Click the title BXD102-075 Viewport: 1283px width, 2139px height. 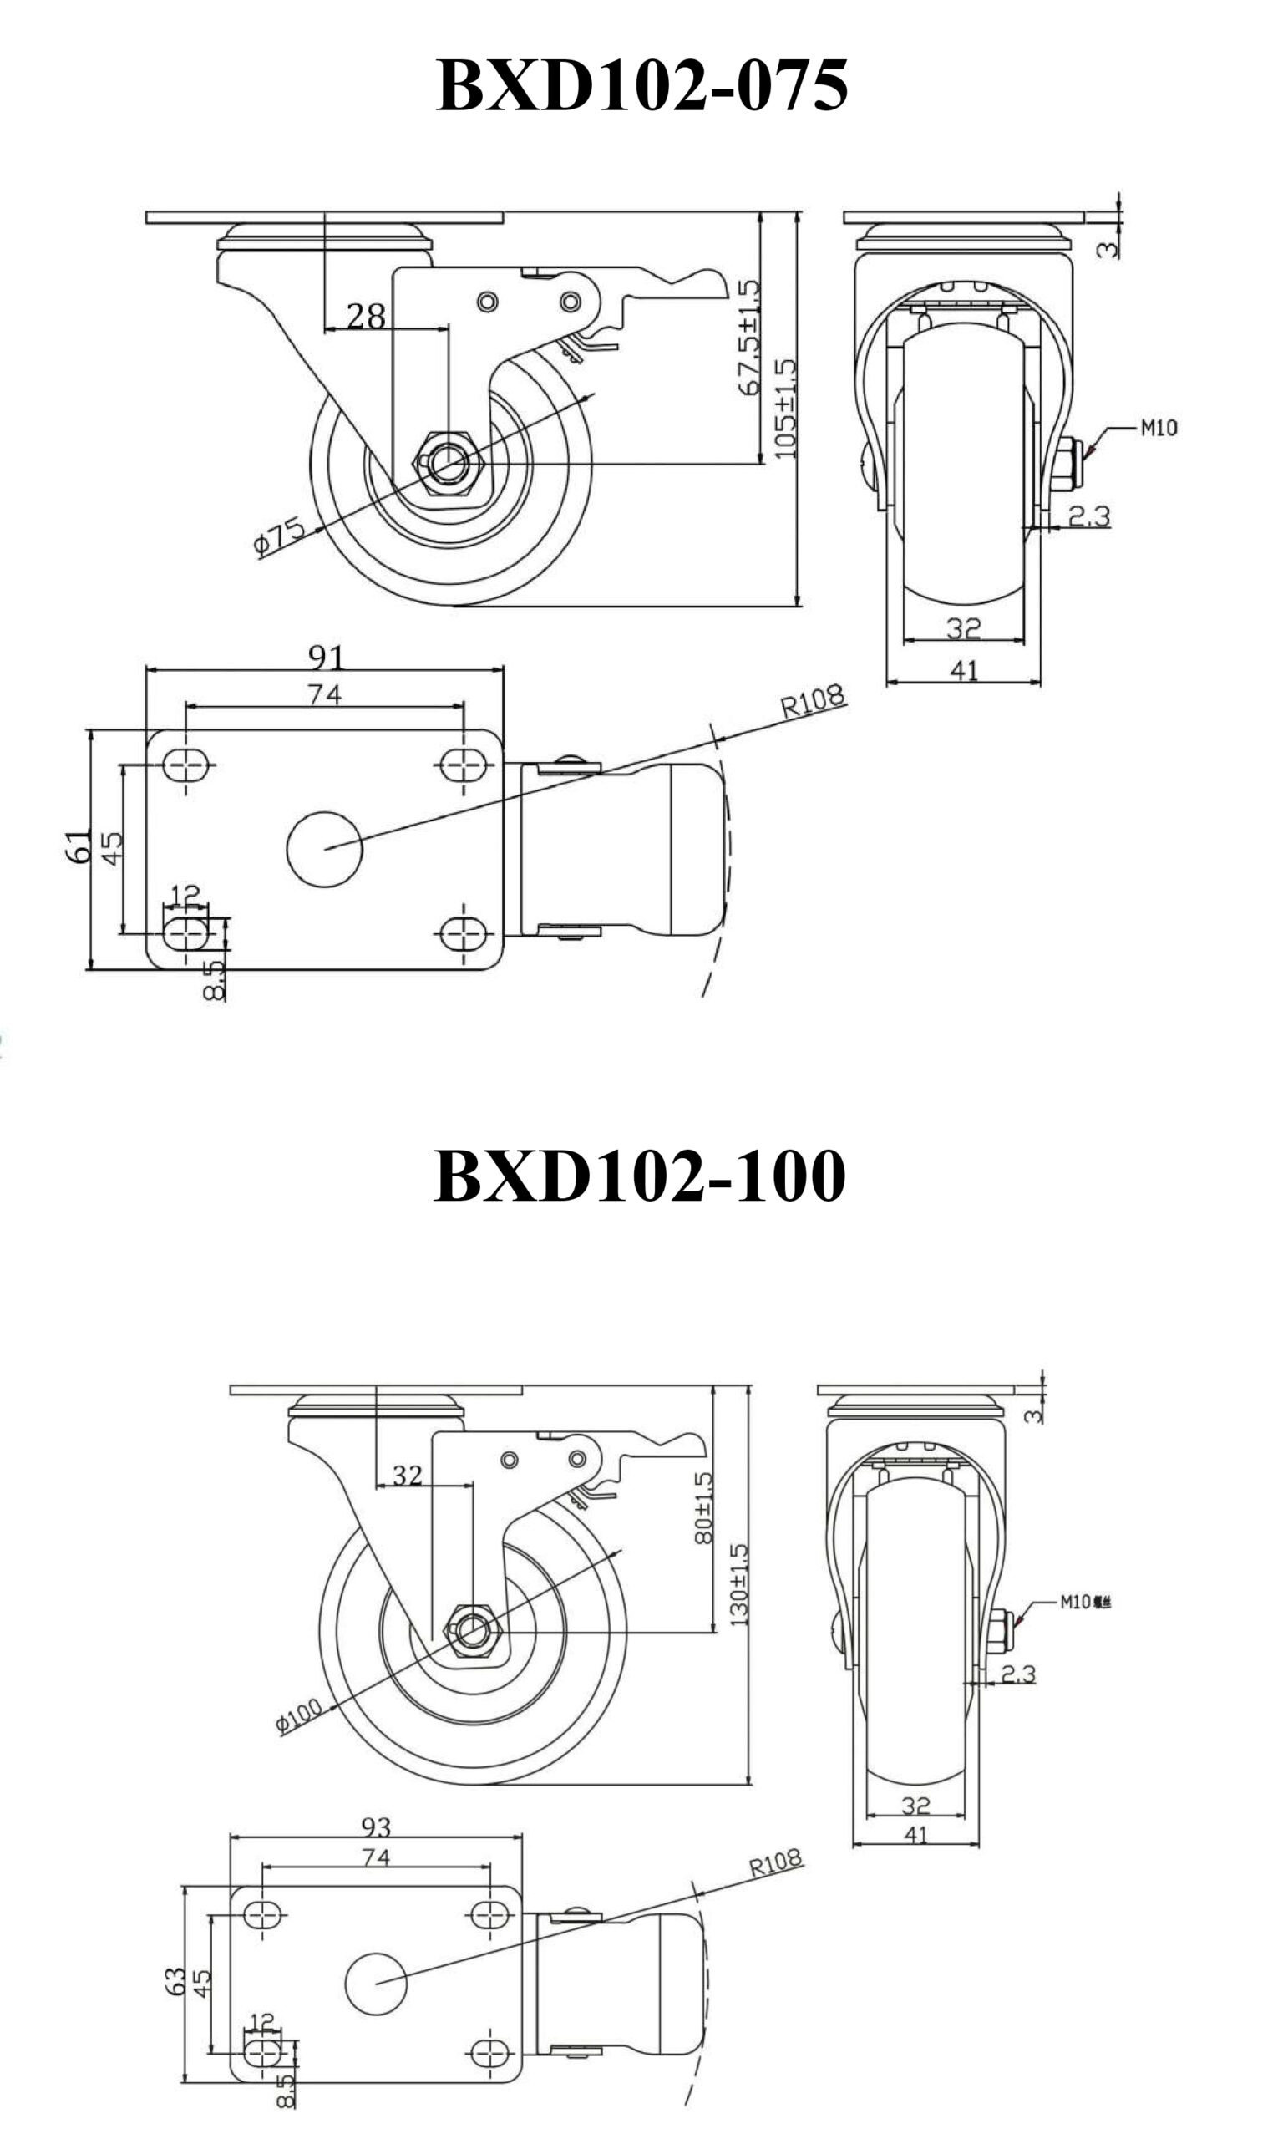pyautogui.click(x=641, y=86)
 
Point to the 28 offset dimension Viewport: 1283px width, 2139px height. pyautogui.click(x=366, y=317)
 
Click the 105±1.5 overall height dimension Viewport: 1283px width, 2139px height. pyautogui.click(x=785, y=408)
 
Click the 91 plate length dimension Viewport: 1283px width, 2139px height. pyautogui.click(x=327, y=658)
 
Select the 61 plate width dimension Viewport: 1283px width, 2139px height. pyautogui.click(x=78, y=846)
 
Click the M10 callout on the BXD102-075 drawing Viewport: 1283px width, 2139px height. pyautogui.click(x=1159, y=427)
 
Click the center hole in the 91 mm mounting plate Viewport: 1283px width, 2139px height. pyautogui.click(x=325, y=849)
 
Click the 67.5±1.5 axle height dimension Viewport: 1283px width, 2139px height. pyautogui.click(x=748, y=338)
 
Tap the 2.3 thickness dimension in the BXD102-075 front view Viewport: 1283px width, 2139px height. pyautogui.click(x=1088, y=516)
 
